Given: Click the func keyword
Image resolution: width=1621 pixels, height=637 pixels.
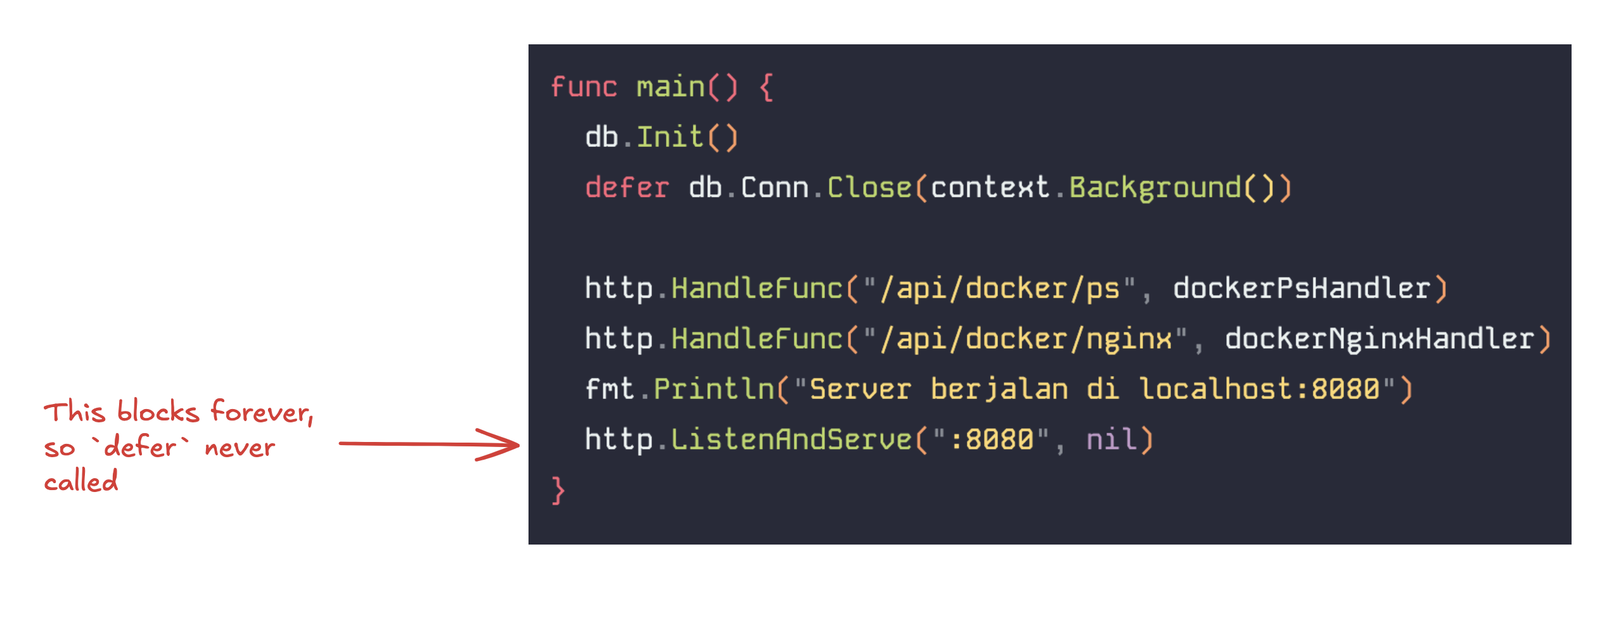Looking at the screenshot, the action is [x=584, y=87].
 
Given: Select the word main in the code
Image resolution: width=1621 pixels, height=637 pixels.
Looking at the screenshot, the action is [x=670, y=87].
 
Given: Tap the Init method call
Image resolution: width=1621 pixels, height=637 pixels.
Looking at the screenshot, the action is [x=670, y=137].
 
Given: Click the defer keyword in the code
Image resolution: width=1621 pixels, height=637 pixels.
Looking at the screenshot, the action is [x=627, y=187].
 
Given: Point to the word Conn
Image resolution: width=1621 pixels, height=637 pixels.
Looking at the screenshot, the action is [x=775, y=187].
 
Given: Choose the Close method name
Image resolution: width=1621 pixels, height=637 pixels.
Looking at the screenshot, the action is [x=869, y=187].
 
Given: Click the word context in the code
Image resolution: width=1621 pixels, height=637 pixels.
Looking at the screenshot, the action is [x=990, y=187].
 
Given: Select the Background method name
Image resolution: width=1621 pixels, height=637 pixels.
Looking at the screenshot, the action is [x=1155, y=189].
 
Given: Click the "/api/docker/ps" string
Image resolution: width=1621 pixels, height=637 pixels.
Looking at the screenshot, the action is [x=999, y=289].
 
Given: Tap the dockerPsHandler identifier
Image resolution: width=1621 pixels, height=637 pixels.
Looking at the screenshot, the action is [x=1302, y=288].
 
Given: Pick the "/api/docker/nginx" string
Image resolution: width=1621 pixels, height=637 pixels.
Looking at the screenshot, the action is [x=1025, y=339].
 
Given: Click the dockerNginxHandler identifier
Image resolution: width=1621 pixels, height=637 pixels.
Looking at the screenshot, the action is [x=1380, y=339].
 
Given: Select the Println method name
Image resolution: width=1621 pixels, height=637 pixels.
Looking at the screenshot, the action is [x=714, y=389].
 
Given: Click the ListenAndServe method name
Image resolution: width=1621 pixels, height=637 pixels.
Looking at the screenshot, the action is [x=791, y=439].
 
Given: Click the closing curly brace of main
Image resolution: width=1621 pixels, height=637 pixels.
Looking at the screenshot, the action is [x=558, y=490].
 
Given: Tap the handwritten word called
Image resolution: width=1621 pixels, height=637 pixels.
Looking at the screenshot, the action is [x=81, y=481].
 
